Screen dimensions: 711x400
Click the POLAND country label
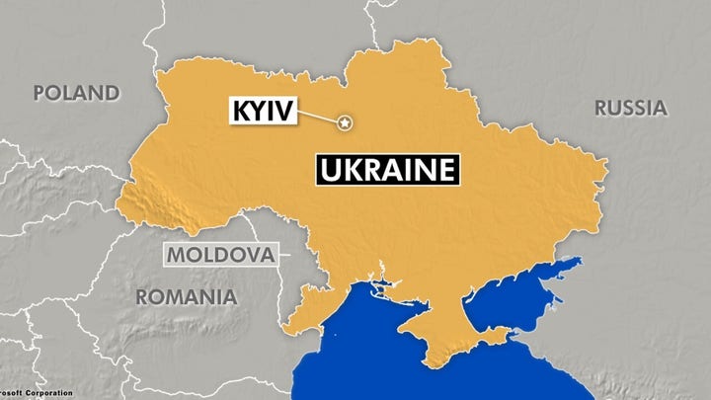[76, 93]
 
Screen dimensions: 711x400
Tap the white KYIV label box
[263, 112]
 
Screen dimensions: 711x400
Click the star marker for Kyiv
[345, 123]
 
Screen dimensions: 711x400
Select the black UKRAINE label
[388, 169]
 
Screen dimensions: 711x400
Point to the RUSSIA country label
[630, 108]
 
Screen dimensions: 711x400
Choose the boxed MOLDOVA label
[219, 256]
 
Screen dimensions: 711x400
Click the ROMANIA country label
[186, 296]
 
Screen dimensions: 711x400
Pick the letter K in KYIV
[239, 112]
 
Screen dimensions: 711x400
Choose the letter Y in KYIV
[256, 112]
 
